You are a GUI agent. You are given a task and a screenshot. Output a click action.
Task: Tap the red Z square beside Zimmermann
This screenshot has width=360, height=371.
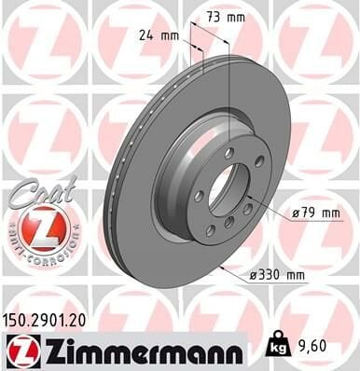tap(19, 350)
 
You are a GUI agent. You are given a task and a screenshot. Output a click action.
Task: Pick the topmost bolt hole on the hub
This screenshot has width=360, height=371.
tap(229, 152)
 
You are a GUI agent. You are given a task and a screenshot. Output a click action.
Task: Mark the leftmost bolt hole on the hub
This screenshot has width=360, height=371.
tap(199, 195)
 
